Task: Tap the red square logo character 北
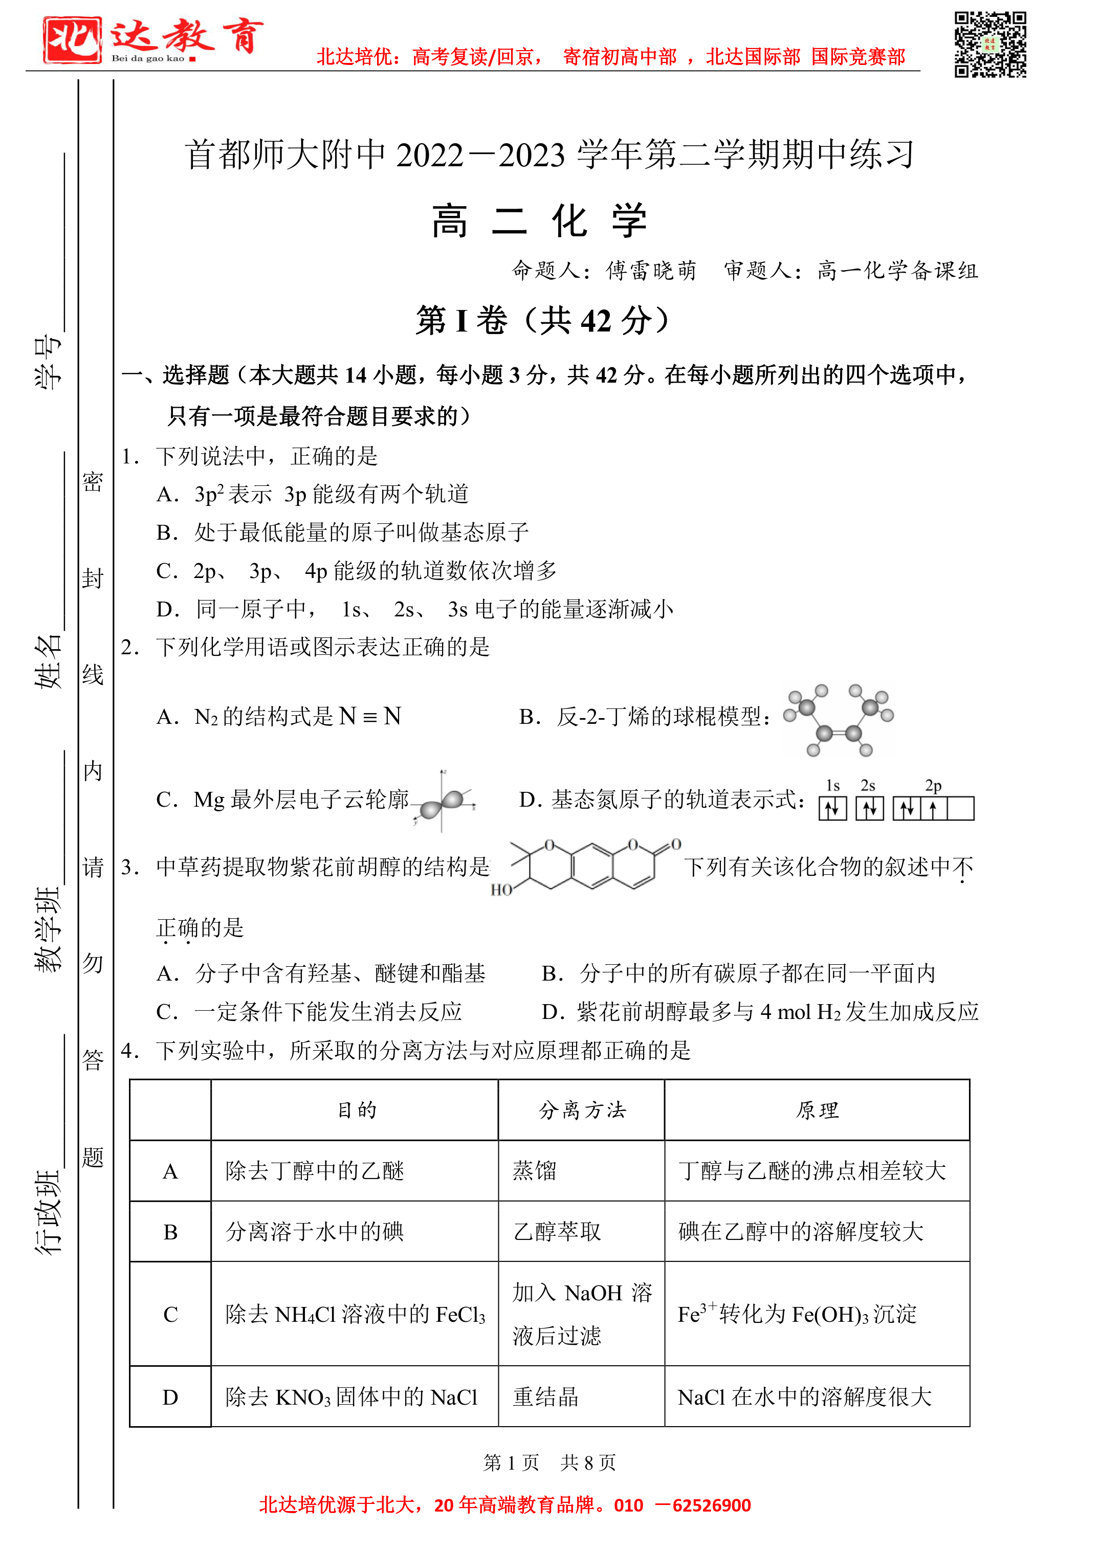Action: (x=72, y=40)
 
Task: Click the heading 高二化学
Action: (x=539, y=221)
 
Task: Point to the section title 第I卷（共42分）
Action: (x=543, y=320)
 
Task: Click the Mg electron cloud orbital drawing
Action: (x=444, y=801)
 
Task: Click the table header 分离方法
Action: (x=582, y=1110)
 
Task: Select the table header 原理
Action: (x=817, y=1110)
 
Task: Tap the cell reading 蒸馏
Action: (x=535, y=1170)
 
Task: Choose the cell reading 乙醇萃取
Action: (x=557, y=1231)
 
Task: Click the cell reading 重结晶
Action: (x=545, y=1396)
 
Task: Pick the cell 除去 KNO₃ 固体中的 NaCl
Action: (x=351, y=1396)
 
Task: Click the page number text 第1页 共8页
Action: (x=549, y=1462)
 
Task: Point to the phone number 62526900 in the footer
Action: (x=711, y=1505)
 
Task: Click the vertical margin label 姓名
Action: (x=48, y=662)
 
